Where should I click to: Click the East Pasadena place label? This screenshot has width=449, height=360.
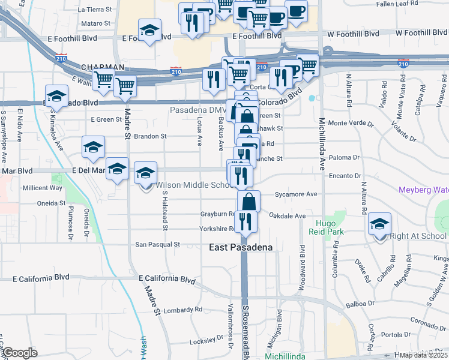click(240, 247)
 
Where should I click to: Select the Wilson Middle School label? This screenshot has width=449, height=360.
click(195, 185)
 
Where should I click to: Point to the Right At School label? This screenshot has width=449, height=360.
click(418, 236)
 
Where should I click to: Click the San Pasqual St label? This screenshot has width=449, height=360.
click(157, 244)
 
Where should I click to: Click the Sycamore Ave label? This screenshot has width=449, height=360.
click(295, 194)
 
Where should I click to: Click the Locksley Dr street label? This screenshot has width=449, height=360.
click(206, 340)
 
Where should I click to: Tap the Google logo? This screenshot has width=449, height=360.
click(20, 353)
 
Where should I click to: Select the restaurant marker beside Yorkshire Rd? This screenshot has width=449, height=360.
click(245, 220)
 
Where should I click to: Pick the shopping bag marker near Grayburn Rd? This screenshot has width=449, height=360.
click(249, 201)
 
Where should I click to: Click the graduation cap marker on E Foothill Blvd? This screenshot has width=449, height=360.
click(149, 30)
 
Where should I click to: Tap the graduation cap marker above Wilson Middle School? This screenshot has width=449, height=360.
click(145, 173)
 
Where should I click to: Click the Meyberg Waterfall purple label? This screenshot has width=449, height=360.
click(423, 190)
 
